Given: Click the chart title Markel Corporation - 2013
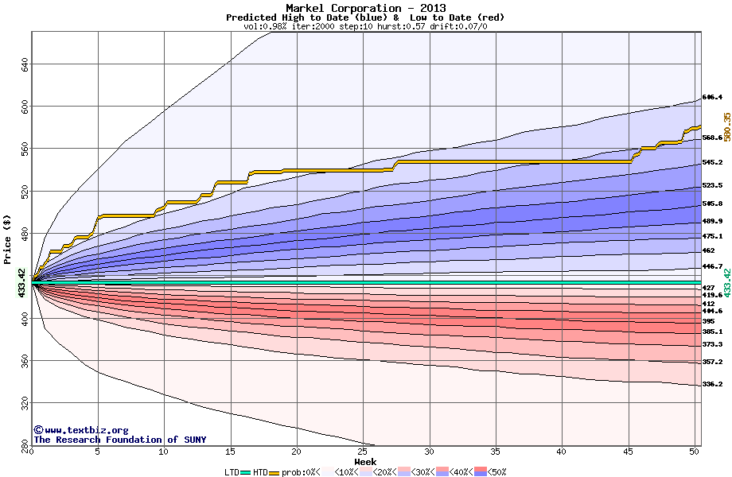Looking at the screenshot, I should tap(365, 8).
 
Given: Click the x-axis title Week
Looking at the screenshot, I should tap(365, 461).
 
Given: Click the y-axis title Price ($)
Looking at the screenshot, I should tap(8, 239).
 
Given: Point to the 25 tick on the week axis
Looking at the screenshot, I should tap(363, 452).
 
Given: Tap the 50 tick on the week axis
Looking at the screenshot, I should tap(695, 452).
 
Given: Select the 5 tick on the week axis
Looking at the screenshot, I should tap(97, 452).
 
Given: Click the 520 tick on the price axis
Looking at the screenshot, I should tap(24, 190).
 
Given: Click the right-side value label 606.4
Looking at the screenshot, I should tap(712, 98).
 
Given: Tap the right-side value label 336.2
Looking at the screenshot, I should tap(712, 385).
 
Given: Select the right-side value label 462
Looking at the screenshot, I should tap(708, 250).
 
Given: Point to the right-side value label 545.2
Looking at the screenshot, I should tap(712, 163).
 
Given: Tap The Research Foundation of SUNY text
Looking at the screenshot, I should tap(119, 440).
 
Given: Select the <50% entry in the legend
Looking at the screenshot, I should tap(493, 471).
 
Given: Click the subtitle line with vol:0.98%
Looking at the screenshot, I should tap(365, 26).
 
